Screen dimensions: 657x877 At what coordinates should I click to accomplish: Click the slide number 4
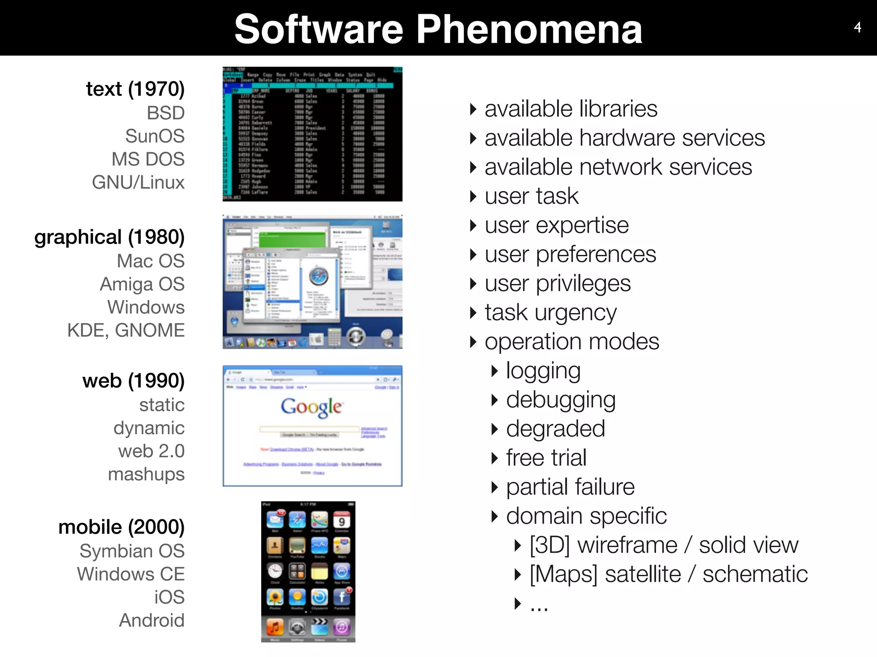pyautogui.click(x=857, y=27)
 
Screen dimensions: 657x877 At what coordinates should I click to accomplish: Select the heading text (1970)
pyautogui.click(x=135, y=89)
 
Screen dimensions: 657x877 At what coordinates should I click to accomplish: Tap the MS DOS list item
pyautogui.click(x=148, y=159)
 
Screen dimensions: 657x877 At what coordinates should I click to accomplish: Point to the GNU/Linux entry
pyautogui.click(x=138, y=182)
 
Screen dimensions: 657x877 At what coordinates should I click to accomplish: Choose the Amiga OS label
pyautogui.click(x=142, y=284)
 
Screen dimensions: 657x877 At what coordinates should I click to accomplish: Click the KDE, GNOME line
pyautogui.click(x=126, y=330)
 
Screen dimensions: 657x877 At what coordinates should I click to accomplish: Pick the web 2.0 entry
pyautogui.click(x=152, y=451)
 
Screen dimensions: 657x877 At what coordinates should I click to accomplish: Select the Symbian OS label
pyautogui.click(x=132, y=551)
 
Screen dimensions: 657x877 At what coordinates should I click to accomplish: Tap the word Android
pyautogui.click(x=152, y=620)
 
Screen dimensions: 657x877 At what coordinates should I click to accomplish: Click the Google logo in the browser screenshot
pyautogui.click(x=311, y=407)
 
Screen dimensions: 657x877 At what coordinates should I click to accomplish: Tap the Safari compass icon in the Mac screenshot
pyautogui.click(x=319, y=276)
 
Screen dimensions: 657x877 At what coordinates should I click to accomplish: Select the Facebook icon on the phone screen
pyautogui.click(x=342, y=597)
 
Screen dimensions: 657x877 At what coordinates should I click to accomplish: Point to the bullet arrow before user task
pyautogui.click(x=473, y=196)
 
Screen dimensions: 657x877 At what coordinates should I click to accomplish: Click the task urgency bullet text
pyautogui.click(x=551, y=312)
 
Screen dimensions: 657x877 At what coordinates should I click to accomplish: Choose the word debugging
pyautogui.click(x=561, y=400)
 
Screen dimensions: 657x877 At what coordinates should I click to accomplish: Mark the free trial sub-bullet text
pyautogui.click(x=546, y=458)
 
